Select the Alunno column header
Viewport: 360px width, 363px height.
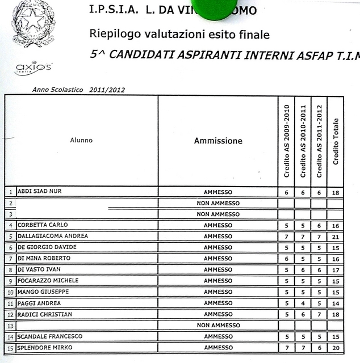[81, 140]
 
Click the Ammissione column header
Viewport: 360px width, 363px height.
[217, 141]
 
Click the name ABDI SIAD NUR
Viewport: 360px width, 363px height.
[39, 192]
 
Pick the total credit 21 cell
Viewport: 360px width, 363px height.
[336, 237]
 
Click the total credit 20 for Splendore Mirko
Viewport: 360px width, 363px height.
[336, 348]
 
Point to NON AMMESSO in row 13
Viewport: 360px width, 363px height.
[217, 326]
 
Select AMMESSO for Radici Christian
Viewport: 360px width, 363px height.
[217, 314]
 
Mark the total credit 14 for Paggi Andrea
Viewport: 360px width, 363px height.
[336, 303]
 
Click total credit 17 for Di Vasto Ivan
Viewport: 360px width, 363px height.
[336, 270]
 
